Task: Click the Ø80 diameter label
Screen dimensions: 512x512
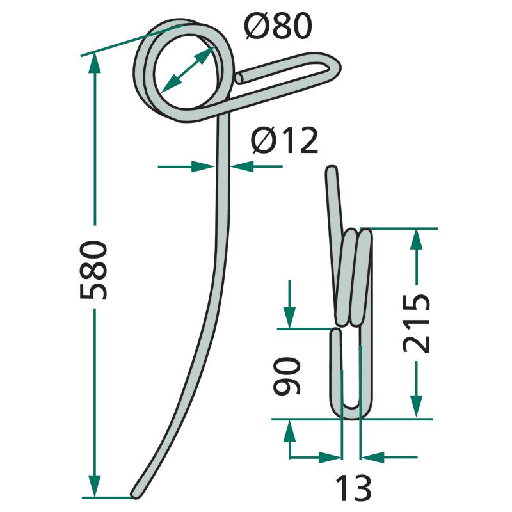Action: (278, 27)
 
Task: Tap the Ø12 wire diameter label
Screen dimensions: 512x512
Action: (284, 140)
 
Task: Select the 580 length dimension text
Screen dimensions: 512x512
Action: (93, 269)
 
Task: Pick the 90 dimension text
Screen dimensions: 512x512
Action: (286, 376)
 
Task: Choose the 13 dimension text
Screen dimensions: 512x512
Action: (353, 488)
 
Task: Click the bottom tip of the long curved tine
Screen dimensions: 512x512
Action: (134, 495)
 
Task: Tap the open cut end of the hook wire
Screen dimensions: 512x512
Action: (239, 79)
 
